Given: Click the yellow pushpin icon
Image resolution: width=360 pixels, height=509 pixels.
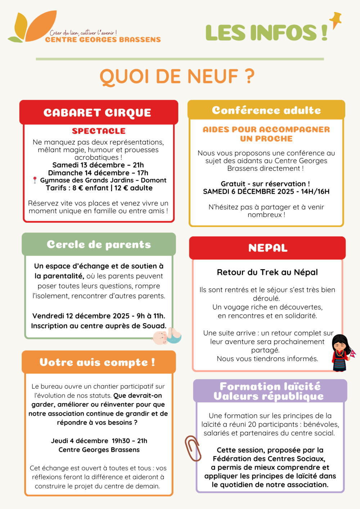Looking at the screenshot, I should [x=336, y=20].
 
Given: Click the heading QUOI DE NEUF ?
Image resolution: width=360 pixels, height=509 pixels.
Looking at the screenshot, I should [x=177, y=77].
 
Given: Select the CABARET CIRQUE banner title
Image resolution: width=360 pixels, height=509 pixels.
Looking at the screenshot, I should [x=97, y=113].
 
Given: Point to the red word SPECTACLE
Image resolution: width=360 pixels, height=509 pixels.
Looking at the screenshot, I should [x=99, y=131].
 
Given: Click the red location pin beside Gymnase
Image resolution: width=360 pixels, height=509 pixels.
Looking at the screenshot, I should [x=35, y=180].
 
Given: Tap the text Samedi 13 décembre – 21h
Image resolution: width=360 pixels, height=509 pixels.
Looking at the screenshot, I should [x=98, y=165].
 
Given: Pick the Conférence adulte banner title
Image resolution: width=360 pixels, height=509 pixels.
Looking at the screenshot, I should [x=266, y=110].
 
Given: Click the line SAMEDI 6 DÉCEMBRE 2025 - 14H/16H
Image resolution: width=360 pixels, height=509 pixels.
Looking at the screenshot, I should [x=266, y=192].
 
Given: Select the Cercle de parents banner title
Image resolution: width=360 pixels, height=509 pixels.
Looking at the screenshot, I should [x=99, y=244].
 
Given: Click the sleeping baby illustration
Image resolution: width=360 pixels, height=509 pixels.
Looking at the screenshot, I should [x=167, y=336].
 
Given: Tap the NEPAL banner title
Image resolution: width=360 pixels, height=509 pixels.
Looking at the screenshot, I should [x=268, y=248].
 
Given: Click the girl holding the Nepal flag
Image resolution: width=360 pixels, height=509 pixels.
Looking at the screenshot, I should [x=342, y=353].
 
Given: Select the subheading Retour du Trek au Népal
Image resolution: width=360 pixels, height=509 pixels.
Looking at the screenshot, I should [x=267, y=272].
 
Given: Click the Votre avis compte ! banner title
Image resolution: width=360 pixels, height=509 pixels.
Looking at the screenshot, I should [x=97, y=362].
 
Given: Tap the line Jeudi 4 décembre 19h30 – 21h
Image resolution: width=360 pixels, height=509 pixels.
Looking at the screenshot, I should [x=99, y=441].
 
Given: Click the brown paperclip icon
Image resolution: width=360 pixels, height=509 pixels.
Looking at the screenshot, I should [x=193, y=448].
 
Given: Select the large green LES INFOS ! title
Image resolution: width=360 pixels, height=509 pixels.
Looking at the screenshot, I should [x=266, y=33].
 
